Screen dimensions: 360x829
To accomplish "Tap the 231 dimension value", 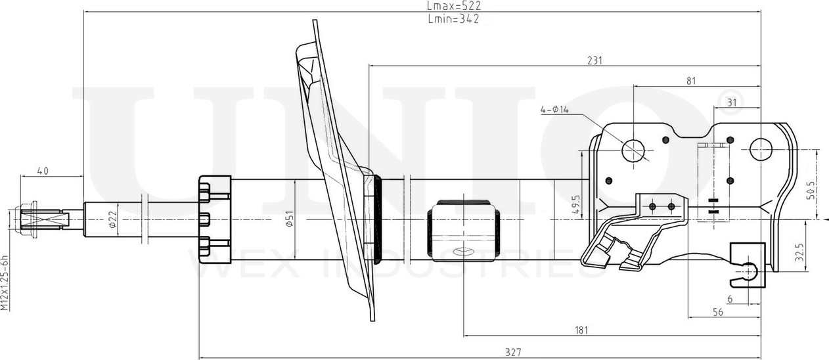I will pos(594,60).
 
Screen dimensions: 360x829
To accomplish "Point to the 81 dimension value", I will pos(690,81).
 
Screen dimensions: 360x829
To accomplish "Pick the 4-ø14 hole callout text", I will pos(554,110).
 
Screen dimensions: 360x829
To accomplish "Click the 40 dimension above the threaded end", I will pos(43,171).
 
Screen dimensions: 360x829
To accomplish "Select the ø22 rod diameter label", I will pos(112,219).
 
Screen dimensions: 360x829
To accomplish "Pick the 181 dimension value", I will pos(580,330).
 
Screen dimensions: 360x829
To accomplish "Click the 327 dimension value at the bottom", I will pos(513,352).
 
